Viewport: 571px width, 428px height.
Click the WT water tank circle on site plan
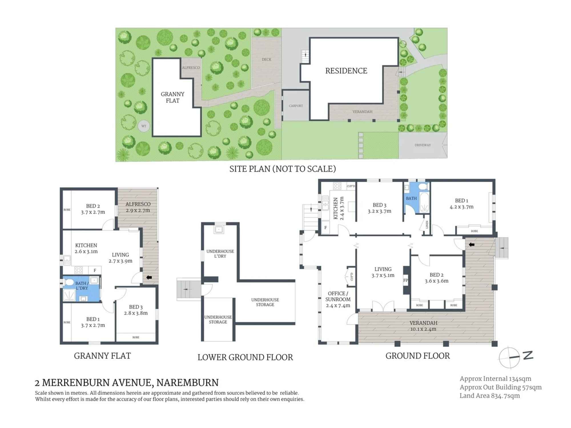(x=144, y=126)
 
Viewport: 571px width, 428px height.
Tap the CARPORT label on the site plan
(x=296, y=106)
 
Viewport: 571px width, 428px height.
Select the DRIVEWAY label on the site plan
(x=423, y=145)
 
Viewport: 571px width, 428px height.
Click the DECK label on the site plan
(x=266, y=59)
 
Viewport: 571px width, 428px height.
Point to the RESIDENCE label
(x=346, y=71)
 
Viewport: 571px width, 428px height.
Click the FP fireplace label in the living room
(x=405, y=280)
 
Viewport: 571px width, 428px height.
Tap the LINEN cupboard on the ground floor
(x=427, y=225)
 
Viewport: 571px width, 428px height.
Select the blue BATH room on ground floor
(x=411, y=198)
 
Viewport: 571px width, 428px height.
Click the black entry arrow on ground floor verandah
(x=471, y=245)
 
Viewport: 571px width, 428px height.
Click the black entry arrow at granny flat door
(x=149, y=277)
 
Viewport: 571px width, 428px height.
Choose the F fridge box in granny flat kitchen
(x=95, y=270)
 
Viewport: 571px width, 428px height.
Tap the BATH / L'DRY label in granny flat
(x=81, y=286)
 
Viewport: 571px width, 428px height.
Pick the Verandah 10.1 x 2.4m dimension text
(x=423, y=329)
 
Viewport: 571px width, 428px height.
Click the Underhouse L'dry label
(x=220, y=254)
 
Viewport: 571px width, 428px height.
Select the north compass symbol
(x=509, y=357)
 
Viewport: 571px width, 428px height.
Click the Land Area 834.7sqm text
(x=489, y=396)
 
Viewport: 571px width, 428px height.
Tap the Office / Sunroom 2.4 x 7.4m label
(x=338, y=299)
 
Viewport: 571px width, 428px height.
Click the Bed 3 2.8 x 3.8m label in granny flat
(x=136, y=310)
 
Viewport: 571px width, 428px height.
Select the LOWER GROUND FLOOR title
(x=245, y=357)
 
